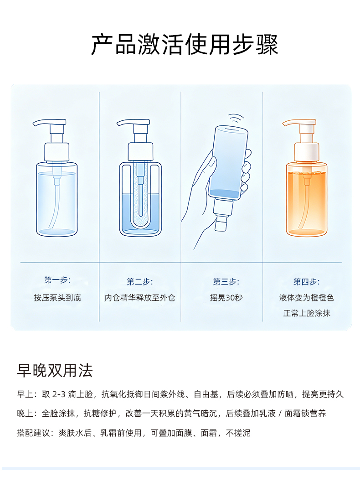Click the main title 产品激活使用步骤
pyautogui.click(x=184, y=45)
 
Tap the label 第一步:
pyautogui.click(x=57, y=280)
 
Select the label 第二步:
pyautogui.click(x=140, y=282)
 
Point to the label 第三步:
pyautogui.click(x=226, y=282)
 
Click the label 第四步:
pyautogui.click(x=306, y=282)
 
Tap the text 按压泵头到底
pyautogui.click(x=57, y=298)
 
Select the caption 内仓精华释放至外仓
pyautogui.click(x=140, y=298)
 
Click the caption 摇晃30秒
pyautogui.click(x=226, y=298)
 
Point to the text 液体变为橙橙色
pyautogui.click(x=306, y=298)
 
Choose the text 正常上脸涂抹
pyautogui.click(x=306, y=313)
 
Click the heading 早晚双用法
pyautogui.click(x=55, y=370)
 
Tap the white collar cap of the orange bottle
pyautogui.click(x=307, y=152)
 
